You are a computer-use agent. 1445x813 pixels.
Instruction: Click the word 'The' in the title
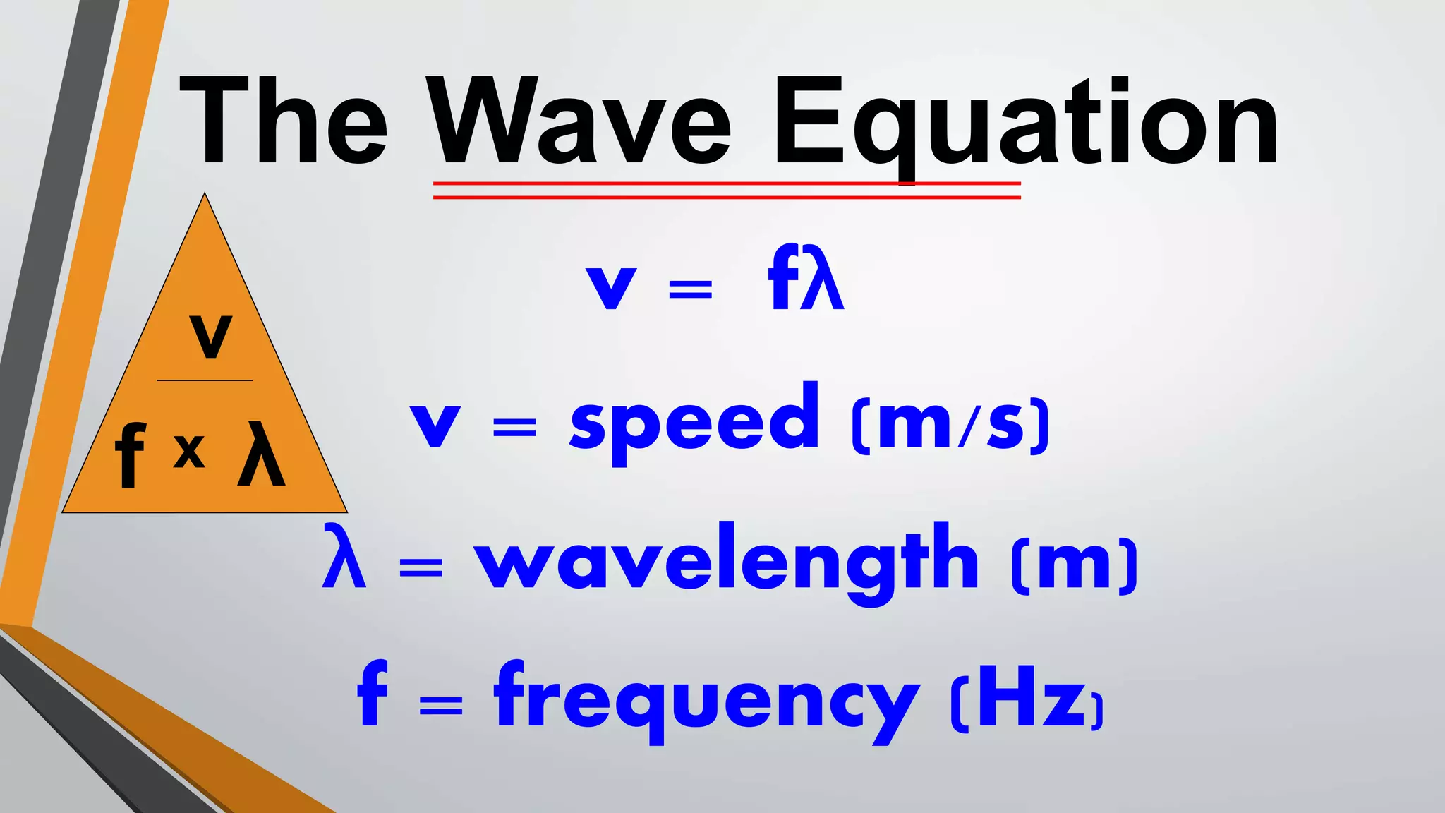[x=283, y=121]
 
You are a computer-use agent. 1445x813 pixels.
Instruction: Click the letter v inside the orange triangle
[x=210, y=337]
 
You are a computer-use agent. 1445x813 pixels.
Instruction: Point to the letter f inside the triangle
[x=130, y=454]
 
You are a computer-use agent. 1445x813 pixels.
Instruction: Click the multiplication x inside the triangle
[x=189, y=451]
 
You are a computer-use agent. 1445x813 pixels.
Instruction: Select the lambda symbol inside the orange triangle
[x=261, y=454]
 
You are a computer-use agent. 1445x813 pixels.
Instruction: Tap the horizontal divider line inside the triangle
[x=205, y=380]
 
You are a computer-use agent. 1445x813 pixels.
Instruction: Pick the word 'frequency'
[x=706, y=699]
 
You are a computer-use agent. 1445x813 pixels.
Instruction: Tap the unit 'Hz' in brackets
[x=1027, y=699]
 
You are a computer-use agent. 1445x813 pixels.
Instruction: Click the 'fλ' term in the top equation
[x=806, y=278]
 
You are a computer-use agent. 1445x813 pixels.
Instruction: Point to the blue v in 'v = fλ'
[x=611, y=287]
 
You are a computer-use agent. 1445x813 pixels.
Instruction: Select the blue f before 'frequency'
[x=373, y=694]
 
